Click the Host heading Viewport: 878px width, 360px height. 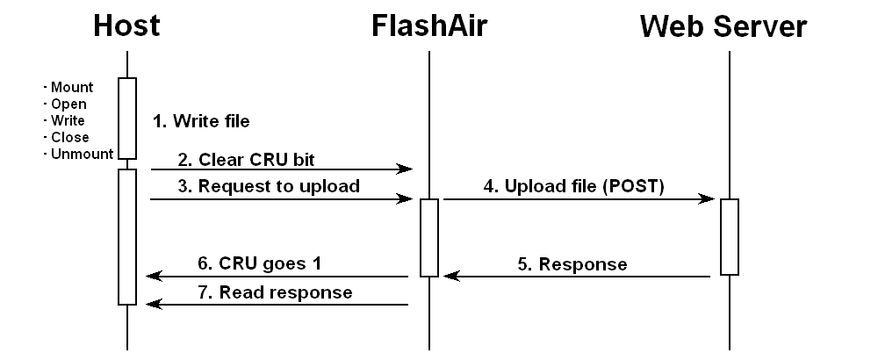pyautogui.click(x=126, y=25)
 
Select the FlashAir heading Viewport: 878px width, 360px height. pyautogui.click(x=428, y=25)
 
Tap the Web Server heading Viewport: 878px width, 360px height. pyautogui.click(x=723, y=26)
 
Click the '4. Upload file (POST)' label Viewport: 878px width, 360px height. pyautogui.click(x=574, y=186)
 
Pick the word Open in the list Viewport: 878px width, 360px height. pyautogui.click(x=68, y=104)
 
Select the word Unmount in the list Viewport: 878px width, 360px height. pyautogui.click(x=80, y=154)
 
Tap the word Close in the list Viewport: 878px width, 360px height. pyautogui.click(x=68, y=137)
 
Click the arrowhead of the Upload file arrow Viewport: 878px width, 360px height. pyautogui.click(x=707, y=199)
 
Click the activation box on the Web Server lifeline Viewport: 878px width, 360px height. pyautogui.click(x=730, y=237)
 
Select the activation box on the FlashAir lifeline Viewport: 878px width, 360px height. pyautogui.click(x=428, y=237)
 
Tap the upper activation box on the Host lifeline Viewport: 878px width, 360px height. pyautogui.click(x=127, y=118)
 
